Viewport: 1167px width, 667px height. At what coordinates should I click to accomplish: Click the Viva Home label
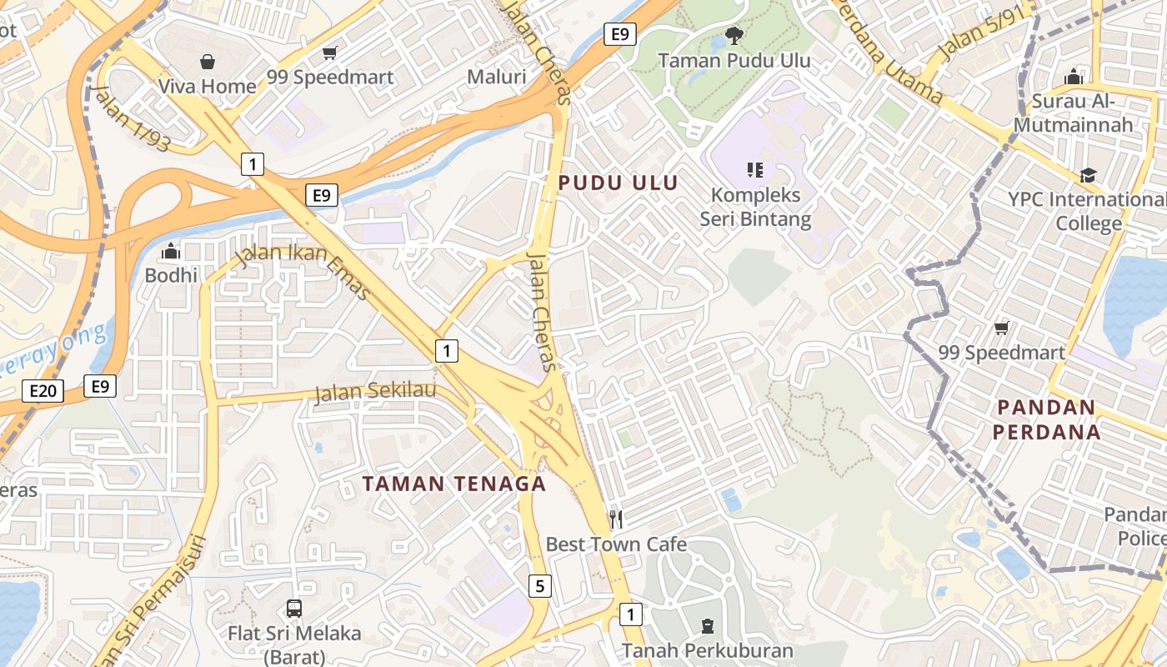[207, 86]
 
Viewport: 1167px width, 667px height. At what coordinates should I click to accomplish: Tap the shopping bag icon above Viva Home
[207, 62]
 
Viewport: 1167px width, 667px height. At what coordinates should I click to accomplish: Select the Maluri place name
[496, 78]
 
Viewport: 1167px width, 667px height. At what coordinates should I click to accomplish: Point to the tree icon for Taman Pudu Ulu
[734, 35]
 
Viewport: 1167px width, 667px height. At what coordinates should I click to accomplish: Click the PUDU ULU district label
[618, 183]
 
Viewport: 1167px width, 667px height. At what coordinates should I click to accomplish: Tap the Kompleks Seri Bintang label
[755, 207]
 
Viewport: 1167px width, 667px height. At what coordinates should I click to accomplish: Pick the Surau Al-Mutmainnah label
[1074, 113]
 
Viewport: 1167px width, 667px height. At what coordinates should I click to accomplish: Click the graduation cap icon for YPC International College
[1088, 175]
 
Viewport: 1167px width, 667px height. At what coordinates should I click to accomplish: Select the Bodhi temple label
[171, 275]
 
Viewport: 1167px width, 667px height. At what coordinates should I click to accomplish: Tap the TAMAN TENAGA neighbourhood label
[454, 484]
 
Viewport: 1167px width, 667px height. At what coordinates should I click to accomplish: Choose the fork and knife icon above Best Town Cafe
[616, 519]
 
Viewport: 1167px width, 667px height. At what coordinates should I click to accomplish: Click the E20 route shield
[43, 391]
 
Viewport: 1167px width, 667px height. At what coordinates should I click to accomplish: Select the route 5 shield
[539, 586]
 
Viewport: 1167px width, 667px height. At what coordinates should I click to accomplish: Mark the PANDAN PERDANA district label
[1046, 419]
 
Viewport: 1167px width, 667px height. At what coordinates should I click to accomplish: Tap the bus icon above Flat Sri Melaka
[294, 609]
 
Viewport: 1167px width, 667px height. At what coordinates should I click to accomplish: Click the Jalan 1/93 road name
[133, 118]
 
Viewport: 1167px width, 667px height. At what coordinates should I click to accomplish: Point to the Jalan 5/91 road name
[980, 38]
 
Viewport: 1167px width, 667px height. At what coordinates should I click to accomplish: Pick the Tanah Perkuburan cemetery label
[707, 649]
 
